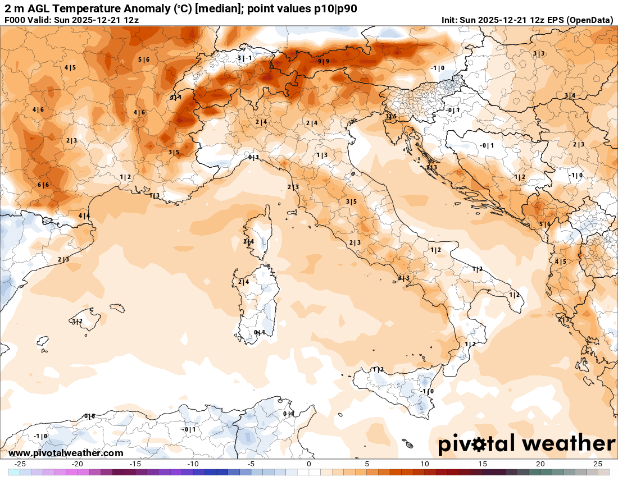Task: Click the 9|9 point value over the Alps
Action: tap(323, 61)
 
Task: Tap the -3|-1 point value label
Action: tap(244, 58)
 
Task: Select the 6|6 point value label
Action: tap(43, 185)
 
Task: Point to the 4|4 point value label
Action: tap(84, 215)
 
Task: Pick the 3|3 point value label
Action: tap(404, 278)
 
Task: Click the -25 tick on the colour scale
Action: tap(20, 464)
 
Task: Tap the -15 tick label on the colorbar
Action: tap(135, 464)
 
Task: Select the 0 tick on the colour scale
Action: tap(309, 464)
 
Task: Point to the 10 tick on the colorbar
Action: tap(425, 464)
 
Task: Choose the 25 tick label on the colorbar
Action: tap(598, 464)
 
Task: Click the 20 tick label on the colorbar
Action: tap(540, 464)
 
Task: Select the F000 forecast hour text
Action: tap(15, 20)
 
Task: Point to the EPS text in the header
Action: tap(553, 20)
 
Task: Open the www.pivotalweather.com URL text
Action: tap(66, 453)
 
